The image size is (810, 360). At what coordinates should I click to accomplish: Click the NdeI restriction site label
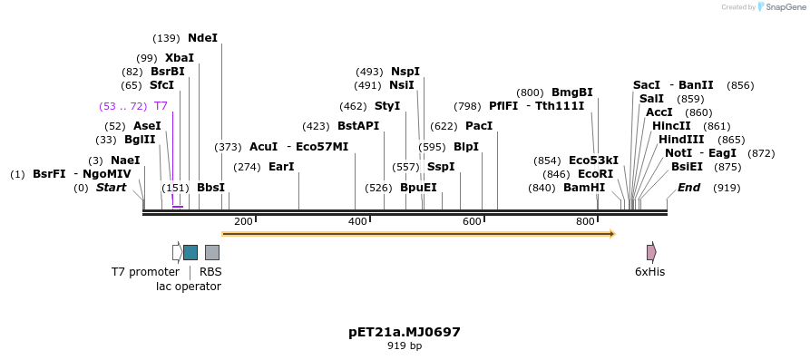(202, 38)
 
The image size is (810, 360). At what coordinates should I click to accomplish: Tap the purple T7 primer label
(161, 106)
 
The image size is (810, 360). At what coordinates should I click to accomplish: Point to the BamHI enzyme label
(583, 188)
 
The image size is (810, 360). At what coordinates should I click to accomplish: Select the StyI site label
(387, 106)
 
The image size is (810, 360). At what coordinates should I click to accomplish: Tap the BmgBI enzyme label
(571, 92)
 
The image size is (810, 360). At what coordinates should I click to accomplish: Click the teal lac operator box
(190, 252)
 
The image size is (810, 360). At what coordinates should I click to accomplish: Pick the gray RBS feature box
(211, 252)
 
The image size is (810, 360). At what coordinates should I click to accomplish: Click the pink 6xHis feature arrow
(651, 252)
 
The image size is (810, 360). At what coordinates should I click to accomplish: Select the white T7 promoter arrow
(177, 252)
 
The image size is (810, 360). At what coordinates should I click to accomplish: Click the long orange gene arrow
(418, 234)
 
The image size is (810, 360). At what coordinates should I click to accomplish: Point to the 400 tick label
(357, 222)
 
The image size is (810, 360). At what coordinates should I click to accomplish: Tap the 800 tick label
(585, 222)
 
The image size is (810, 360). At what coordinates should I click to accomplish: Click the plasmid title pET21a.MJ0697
(405, 332)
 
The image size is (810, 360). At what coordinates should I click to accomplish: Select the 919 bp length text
(405, 345)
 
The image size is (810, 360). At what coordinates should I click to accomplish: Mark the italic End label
(688, 188)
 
